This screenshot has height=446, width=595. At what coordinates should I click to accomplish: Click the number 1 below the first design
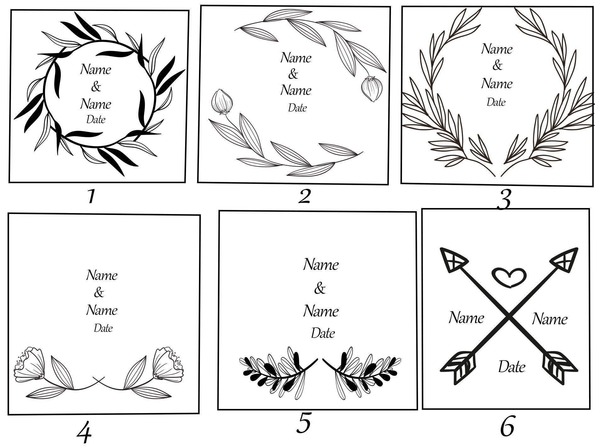(91, 196)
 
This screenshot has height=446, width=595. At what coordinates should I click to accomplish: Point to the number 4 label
(84, 433)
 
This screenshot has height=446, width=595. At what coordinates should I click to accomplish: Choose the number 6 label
(507, 426)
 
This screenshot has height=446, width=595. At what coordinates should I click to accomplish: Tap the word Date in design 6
(512, 367)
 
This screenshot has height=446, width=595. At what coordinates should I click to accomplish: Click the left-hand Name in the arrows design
(466, 318)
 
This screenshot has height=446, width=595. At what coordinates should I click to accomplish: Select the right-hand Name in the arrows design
(550, 319)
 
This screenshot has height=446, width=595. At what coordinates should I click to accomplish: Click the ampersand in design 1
(96, 86)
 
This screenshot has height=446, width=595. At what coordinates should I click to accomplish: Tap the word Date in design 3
(496, 102)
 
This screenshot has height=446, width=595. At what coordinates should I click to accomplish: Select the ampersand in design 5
(319, 288)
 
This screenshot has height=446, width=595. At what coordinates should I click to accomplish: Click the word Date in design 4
(103, 328)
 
